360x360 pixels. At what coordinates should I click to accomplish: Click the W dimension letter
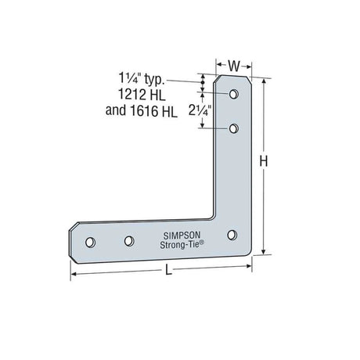click(x=234, y=66)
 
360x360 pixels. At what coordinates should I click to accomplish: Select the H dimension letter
click(x=264, y=161)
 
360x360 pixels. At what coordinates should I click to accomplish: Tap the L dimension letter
click(x=169, y=269)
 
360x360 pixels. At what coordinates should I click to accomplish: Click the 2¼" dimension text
click(x=200, y=111)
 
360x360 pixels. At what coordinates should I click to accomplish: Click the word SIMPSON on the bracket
click(x=182, y=236)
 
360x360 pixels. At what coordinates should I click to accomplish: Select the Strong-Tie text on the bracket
click(x=182, y=245)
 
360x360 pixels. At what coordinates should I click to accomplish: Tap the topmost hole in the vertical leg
click(x=234, y=94)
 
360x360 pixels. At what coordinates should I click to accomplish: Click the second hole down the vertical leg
click(x=234, y=128)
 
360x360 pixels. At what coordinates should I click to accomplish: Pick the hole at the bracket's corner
click(x=232, y=235)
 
